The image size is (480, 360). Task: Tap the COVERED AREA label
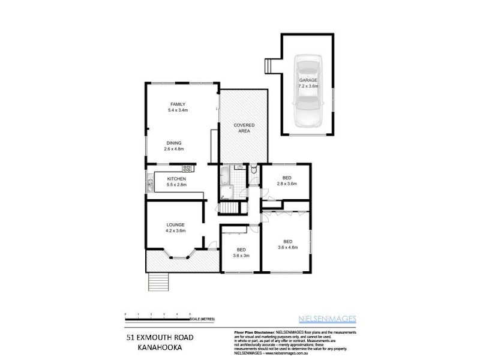pyautogui.click(x=244, y=127)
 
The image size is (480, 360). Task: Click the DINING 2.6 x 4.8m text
pyautogui.click(x=174, y=145)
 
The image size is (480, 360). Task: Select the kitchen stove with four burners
pyautogui.click(x=187, y=169)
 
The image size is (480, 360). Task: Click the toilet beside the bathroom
pyautogui.click(x=254, y=171)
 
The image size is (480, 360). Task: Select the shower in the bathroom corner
pyautogui.click(x=226, y=192)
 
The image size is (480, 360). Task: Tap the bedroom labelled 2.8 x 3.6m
pyautogui.click(x=287, y=181)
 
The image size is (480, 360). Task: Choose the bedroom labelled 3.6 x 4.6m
pyautogui.click(x=287, y=244)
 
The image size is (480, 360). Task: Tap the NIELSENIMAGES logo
pyautogui.click(x=328, y=319)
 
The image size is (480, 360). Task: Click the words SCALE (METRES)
pyautogui.click(x=204, y=319)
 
